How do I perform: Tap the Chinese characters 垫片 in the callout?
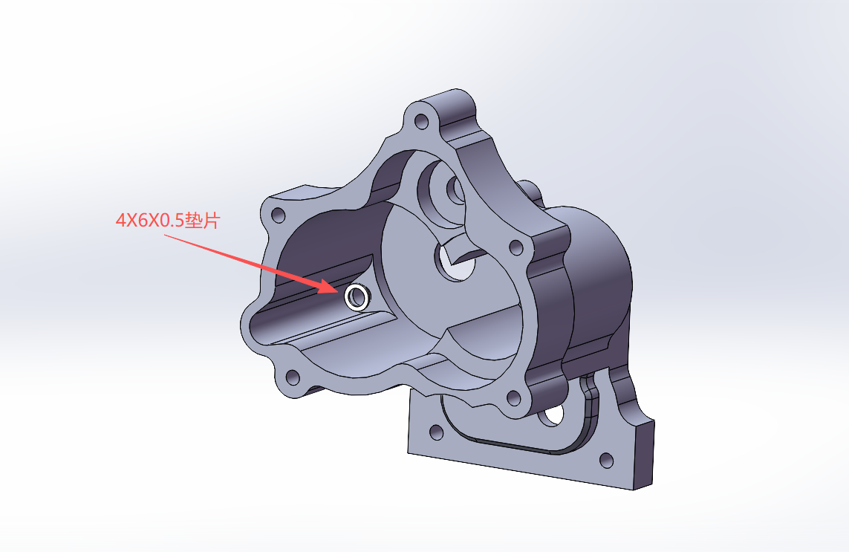(202, 221)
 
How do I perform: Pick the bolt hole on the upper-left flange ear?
(279, 215)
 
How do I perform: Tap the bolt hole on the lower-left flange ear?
(293, 377)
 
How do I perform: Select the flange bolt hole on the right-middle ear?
(516, 248)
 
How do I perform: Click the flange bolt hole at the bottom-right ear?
(513, 399)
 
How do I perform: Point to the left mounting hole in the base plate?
(436, 432)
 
